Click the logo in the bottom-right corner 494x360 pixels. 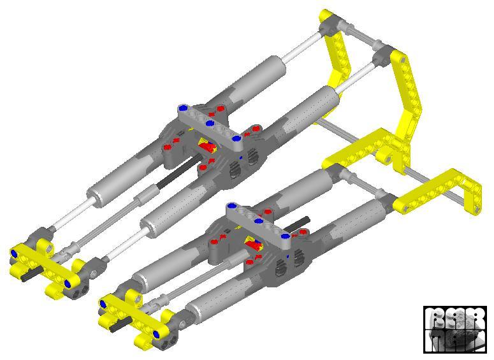[454, 329]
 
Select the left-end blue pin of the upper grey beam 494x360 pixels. [184, 107]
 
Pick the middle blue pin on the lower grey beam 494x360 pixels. [259, 222]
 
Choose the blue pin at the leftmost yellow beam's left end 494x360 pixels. [15, 254]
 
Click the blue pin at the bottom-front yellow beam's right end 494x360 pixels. [156, 330]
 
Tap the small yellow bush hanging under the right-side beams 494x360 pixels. [386, 155]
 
